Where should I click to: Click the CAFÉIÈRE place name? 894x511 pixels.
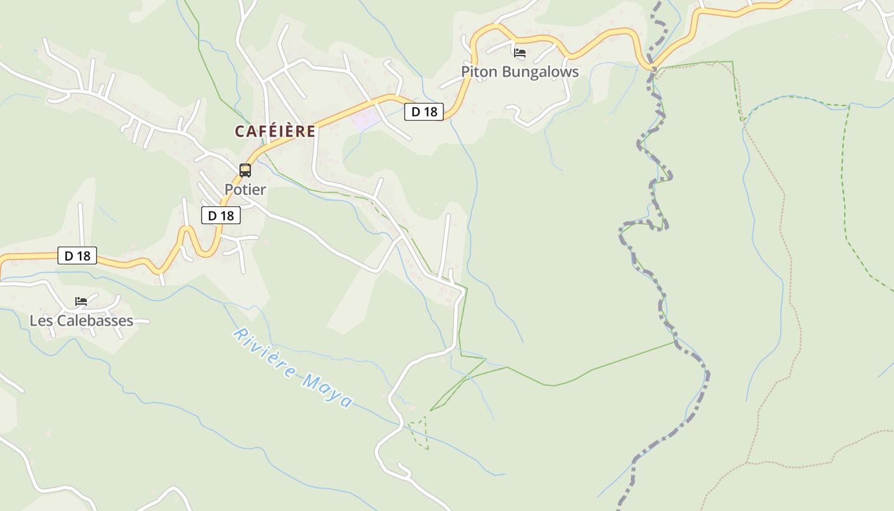point(275,132)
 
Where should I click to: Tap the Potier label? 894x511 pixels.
point(245,190)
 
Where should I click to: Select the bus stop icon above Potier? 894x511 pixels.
point(245,170)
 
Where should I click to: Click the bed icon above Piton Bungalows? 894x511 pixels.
point(520,53)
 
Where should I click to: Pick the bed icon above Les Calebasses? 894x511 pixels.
point(81,301)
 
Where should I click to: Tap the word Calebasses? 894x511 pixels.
point(95,321)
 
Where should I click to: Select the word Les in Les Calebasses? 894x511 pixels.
point(41,321)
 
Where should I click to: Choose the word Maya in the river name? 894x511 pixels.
point(328,392)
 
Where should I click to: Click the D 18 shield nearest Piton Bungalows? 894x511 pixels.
point(424,112)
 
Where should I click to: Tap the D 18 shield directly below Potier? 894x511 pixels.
point(221,216)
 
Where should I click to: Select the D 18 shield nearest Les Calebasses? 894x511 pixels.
point(78,256)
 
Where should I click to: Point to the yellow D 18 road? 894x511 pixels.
point(332,118)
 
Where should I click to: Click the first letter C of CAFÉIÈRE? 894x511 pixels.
point(240,132)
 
